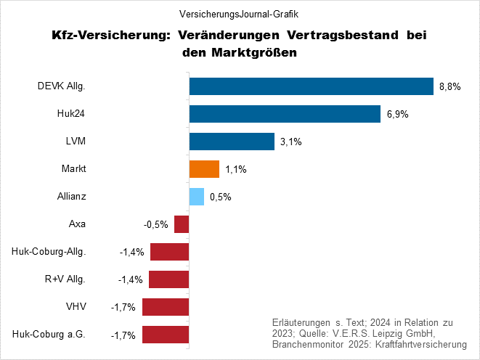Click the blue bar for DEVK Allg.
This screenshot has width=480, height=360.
point(311,86)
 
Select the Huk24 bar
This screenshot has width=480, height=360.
point(285,114)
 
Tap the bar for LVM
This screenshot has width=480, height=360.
point(232,142)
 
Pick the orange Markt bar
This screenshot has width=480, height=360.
point(204,169)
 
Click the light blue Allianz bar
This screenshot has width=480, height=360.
point(197,197)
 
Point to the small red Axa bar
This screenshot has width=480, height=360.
point(182,224)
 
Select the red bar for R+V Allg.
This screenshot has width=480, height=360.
point(169,279)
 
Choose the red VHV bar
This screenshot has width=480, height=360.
point(166,307)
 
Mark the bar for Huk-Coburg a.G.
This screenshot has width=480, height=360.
point(166,335)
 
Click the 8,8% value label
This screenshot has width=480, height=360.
point(450,87)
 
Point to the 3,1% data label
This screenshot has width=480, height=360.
point(290,142)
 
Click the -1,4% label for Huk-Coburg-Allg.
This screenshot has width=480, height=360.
point(132,253)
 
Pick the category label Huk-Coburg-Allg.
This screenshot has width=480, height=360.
point(49,252)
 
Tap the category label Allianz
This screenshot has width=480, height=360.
point(72,197)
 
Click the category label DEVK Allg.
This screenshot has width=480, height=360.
point(62,86)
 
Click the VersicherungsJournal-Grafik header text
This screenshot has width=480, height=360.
point(239,14)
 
